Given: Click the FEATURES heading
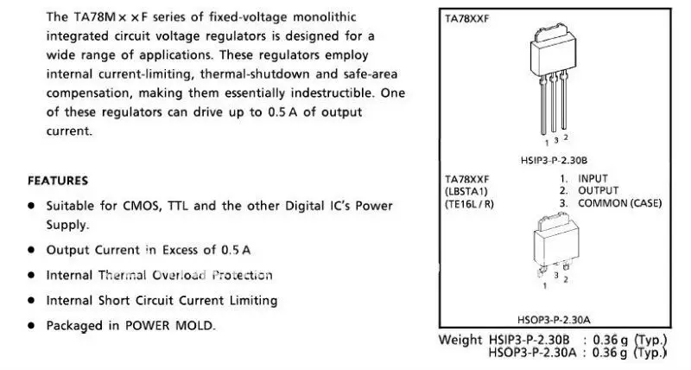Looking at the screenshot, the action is (58, 181).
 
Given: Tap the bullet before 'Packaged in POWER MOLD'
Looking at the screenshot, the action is (30, 326).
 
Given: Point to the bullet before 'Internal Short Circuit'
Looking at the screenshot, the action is (30, 301).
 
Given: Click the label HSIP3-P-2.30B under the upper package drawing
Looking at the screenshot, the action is (554, 160).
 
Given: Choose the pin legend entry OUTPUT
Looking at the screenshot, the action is (598, 191).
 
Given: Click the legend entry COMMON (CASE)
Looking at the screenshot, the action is (619, 203).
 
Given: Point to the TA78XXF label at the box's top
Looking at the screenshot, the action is (466, 19).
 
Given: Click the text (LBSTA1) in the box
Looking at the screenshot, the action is (466, 191).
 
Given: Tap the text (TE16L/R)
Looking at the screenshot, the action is (469, 204).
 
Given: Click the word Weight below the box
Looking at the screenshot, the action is (460, 340).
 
